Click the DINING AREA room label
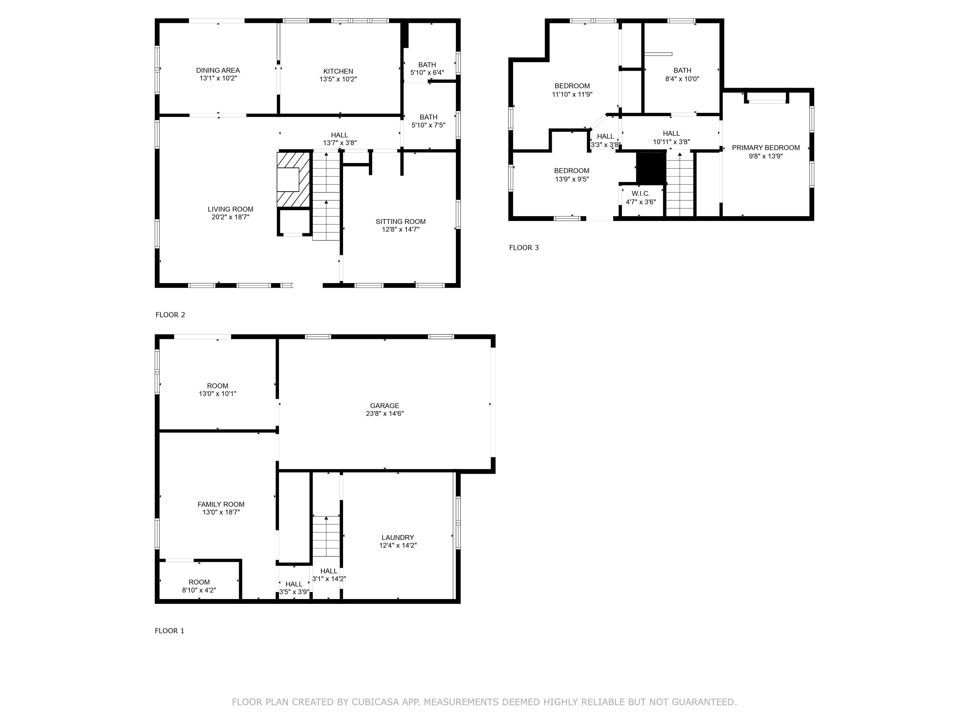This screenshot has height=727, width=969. (x=218, y=70)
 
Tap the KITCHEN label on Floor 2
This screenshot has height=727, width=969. (x=338, y=71)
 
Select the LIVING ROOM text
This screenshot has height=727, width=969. (x=230, y=209)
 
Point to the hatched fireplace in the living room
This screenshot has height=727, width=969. (x=294, y=180)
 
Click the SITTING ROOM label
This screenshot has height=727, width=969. (x=401, y=221)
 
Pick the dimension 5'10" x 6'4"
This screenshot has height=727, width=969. (x=427, y=73)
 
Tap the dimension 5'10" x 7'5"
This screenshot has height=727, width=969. (x=428, y=125)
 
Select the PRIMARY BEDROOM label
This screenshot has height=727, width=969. (x=766, y=148)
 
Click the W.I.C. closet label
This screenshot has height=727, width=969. (x=641, y=193)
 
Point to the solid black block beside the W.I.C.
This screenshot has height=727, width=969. (x=651, y=168)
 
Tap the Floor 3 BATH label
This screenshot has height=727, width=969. (x=682, y=70)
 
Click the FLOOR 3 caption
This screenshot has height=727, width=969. (x=524, y=248)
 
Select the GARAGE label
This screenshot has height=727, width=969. (x=385, y=406)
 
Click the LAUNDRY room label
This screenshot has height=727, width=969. (x=398, y=537)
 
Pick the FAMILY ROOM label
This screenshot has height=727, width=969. (x=221, y=504)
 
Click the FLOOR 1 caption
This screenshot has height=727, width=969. (x=170, y=631)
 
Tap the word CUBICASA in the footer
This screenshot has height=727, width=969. (x=375, y=702)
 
